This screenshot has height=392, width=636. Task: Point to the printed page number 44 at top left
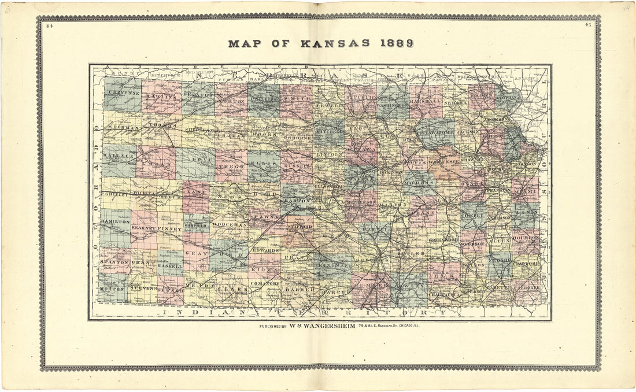51,26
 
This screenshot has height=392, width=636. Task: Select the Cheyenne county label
123,93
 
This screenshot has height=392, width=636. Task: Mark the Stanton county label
114,262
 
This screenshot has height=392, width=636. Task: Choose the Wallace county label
119,157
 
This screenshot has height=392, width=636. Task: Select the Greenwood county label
443,239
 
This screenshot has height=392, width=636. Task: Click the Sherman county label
123,127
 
